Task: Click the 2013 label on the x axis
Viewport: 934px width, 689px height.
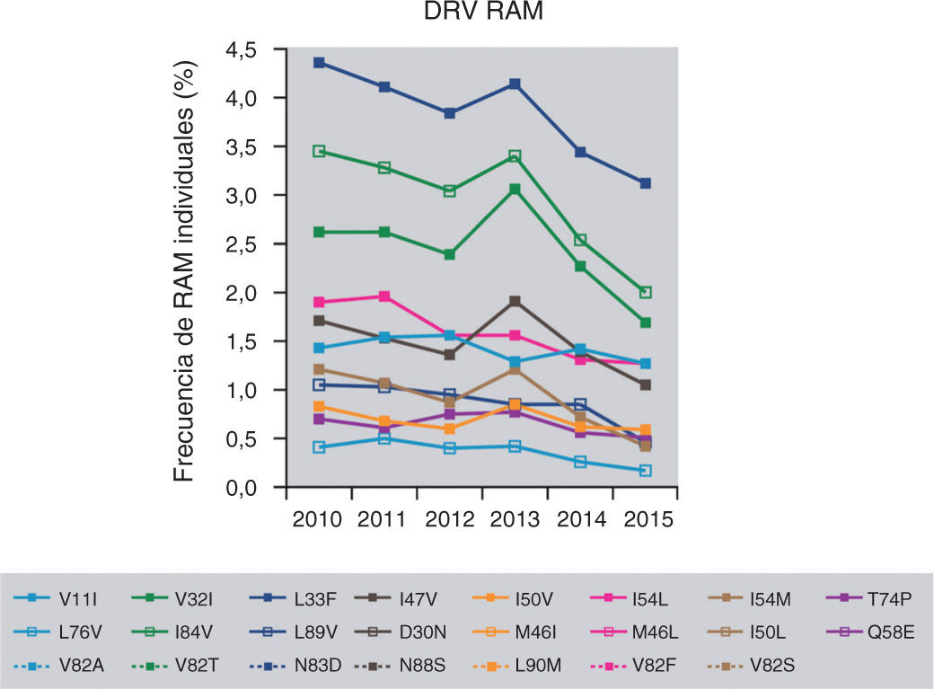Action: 515,521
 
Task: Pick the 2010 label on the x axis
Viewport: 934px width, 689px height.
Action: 319,521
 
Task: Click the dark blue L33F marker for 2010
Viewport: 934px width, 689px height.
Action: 319,63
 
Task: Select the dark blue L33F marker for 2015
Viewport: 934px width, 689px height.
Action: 645,183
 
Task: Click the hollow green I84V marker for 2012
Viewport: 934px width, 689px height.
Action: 449,191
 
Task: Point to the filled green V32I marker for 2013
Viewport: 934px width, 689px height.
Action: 515,189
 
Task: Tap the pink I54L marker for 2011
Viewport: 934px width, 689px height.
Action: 384,296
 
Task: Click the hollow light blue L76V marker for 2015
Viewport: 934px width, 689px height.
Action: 645,471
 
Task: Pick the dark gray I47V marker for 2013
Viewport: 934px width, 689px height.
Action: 515,301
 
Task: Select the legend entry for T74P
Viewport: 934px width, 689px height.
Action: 863,597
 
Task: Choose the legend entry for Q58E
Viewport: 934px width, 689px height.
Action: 863,632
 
